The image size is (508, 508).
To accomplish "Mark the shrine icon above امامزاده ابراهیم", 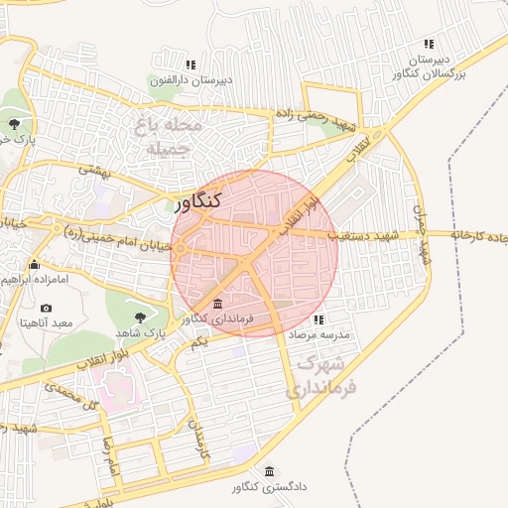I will [35, 264].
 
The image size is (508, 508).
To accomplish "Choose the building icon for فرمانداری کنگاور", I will [217, 303].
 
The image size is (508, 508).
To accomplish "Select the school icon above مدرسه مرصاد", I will [318, 320].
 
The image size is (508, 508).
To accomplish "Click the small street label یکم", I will [198, 342].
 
